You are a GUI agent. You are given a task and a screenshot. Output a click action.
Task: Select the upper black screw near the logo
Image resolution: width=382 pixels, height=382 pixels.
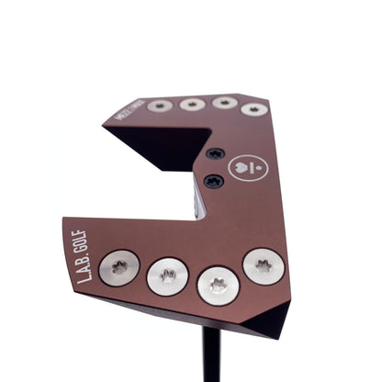tap(214, 153)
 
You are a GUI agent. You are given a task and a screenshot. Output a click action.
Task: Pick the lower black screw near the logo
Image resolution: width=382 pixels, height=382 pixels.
tap(214, 181)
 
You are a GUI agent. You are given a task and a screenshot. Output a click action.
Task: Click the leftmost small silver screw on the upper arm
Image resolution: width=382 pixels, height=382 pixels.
tap(160, 106)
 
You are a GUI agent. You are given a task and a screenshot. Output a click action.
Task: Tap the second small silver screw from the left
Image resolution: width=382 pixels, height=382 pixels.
tap(192, 104)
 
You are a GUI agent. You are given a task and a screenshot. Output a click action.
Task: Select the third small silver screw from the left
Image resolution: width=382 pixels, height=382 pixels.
tap(224, 103)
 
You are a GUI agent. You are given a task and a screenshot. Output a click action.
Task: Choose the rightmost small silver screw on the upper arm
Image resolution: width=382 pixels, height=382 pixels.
tap(254, 108)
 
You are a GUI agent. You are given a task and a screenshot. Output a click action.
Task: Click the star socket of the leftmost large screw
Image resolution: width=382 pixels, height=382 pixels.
tap(119, 267)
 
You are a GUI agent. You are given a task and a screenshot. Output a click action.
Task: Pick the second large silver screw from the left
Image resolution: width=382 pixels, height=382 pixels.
tap(168, 276)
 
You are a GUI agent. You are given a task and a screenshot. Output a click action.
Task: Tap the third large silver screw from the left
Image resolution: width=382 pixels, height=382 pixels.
tap(218, 285)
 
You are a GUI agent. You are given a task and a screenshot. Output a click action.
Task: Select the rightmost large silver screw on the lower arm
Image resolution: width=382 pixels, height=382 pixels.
tap(263, 266)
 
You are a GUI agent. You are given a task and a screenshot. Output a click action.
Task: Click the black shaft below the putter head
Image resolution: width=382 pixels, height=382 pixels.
tap(210, 358)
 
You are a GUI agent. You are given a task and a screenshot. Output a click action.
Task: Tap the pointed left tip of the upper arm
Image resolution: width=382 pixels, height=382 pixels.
tap(104, 127)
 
